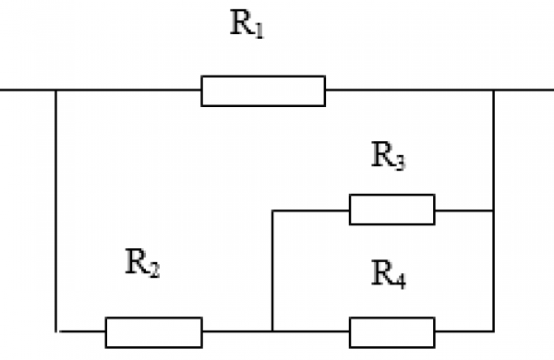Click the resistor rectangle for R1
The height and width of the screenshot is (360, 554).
coord(263,91)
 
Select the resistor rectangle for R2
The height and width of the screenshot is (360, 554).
coord(153,331)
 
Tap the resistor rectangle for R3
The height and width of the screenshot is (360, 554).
coord(391,210)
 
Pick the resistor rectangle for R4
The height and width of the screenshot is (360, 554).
coord(391,331)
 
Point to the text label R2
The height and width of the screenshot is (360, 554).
coord(143,265)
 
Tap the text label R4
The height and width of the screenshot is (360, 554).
coord(389,274)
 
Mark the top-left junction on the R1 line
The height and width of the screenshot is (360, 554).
coord(56,90)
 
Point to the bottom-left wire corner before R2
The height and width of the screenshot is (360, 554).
coord(57,330)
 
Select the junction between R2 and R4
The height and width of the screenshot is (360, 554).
coord(272,330)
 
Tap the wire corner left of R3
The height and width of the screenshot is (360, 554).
coord(272,210)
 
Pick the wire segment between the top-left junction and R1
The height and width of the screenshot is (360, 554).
coord(129,90)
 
